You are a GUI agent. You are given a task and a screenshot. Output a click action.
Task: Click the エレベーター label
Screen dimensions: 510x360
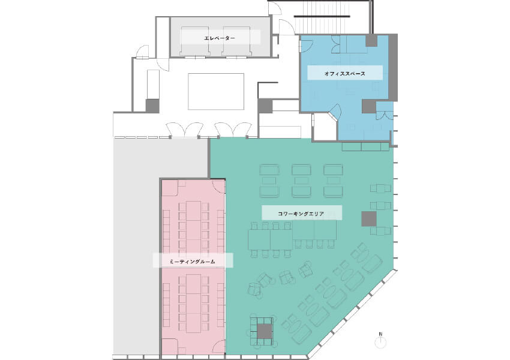click(220, 38)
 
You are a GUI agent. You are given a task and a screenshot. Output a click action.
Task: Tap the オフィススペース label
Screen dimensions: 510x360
click(345, 73)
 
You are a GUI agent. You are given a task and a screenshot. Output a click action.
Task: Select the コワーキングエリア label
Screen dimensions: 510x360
click(301, 214)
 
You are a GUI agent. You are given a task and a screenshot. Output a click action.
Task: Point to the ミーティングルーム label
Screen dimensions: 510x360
click(192, 261)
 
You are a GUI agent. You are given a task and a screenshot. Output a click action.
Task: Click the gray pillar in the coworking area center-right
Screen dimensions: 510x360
click(369, 218)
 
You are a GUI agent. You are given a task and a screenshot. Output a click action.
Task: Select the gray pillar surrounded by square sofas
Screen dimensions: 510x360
click(265, 331)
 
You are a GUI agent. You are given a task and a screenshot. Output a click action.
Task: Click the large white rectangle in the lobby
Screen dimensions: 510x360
click(216, 91)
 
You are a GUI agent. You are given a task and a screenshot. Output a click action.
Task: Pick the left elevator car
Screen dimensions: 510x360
click(195, 40)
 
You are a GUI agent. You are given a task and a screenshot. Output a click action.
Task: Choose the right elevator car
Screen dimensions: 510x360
click(236, 40)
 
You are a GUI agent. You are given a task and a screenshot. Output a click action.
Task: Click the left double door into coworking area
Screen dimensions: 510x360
click(185, 130)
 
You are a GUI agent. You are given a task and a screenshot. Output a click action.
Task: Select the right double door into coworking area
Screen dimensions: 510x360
click(233, 130)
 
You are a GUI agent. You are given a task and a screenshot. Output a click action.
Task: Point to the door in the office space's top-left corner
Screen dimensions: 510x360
click(306, 46)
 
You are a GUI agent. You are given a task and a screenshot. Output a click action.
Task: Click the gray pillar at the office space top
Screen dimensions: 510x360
click(371, 40)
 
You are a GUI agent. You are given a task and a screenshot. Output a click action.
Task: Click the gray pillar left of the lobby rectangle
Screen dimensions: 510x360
click(152, 106)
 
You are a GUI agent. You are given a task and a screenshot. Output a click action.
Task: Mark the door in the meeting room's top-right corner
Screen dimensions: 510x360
click(218, 187)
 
